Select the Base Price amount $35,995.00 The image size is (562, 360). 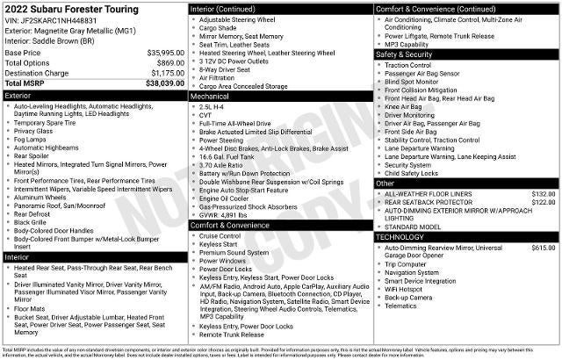(x=166, y=53)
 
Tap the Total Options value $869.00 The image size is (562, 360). (x=171, y=63)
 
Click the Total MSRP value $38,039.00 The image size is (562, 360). (x=165, y=83)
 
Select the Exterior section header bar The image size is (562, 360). (x=94, y=94)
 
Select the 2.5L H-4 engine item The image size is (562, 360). (x=217, y=105)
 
